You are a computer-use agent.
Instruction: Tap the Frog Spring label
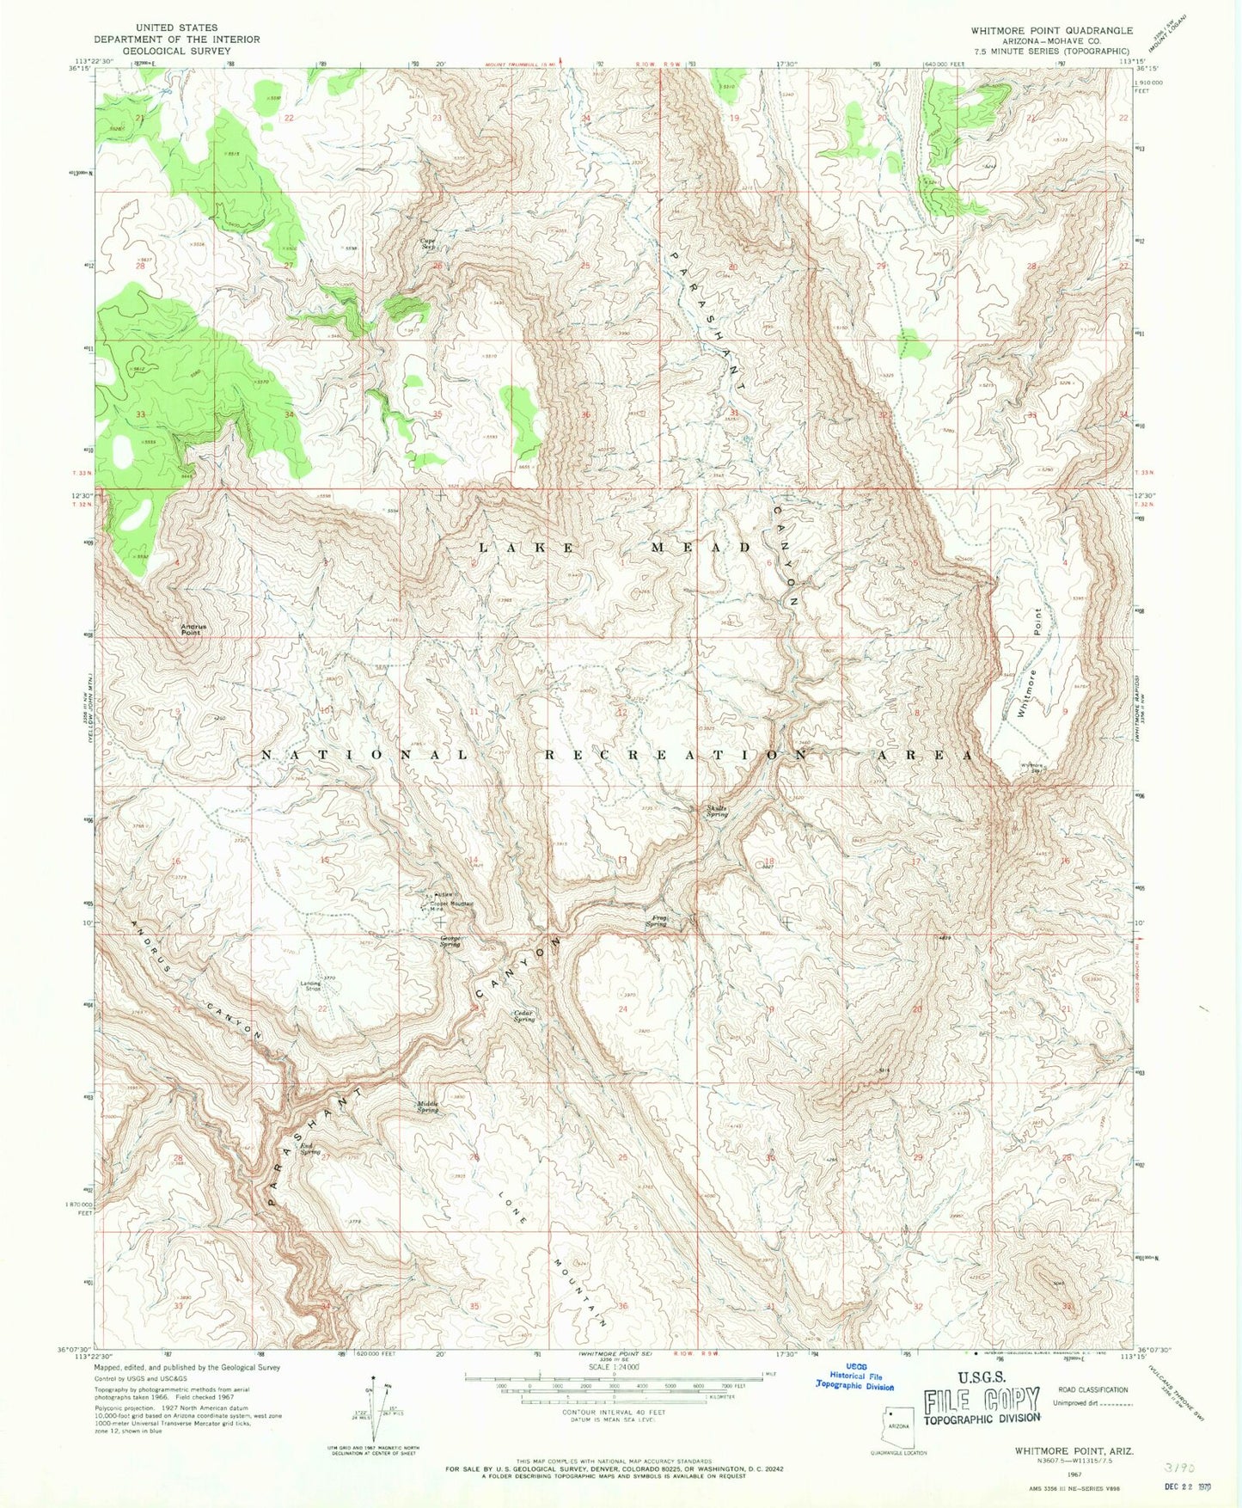point(657,922)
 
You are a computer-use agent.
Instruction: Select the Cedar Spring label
point(524,1015)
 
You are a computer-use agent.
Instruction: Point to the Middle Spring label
point(428,1106)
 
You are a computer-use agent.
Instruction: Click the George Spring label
point(450,941)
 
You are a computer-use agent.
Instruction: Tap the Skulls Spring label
point(718,811)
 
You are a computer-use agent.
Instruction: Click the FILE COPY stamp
point(982,1401)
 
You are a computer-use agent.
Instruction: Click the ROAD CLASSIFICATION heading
point(1094,1389)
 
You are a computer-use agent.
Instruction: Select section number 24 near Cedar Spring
point(623,1008)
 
